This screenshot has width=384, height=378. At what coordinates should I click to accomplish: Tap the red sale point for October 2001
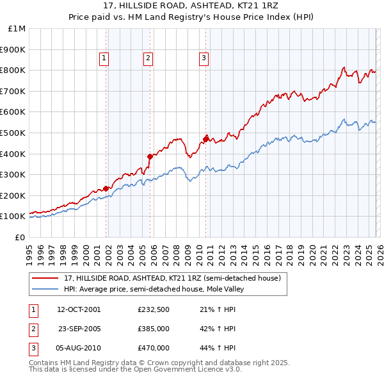(x=106, y=188)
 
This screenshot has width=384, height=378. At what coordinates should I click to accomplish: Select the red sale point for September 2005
(x=150, y=156)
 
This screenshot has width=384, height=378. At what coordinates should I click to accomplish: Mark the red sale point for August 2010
(x=205, y=138)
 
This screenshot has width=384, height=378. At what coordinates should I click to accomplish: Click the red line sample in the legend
(x=46, y=279)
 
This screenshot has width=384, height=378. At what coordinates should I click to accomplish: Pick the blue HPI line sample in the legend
(x=46, y=290)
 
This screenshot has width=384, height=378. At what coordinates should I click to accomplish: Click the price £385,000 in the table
(x=154, y=329)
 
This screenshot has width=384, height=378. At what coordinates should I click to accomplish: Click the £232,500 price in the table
(x=154, y=309)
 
